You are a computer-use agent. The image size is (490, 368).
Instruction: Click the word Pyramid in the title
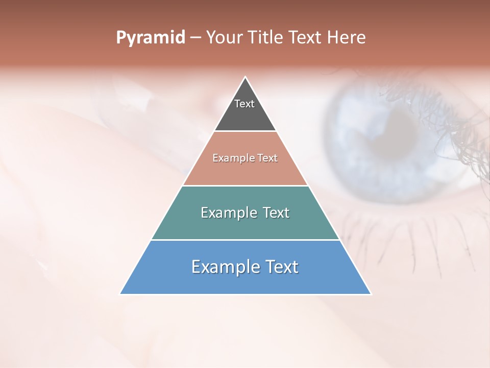pyautogui.click(x=150, y=38)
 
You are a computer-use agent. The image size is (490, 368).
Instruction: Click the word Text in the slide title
pyautogui.click(x=306, y=38)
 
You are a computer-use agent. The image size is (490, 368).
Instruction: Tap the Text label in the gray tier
pyautogui.click(x=244, y=104)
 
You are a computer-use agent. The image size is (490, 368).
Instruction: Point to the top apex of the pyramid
pyautogui.click(x=246, y=78)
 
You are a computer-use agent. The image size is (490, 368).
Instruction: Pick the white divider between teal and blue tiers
pyautogui.click(x=245, y=240)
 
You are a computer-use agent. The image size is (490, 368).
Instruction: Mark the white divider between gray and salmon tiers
pyautogui.click(x=245, y=131)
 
